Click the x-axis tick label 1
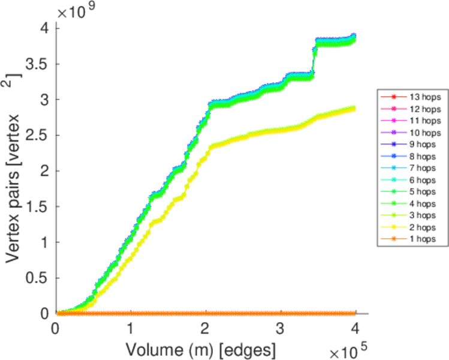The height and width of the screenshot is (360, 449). (130, 328)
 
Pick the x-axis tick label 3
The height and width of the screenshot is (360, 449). (280, 328)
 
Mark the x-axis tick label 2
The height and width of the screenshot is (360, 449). (205, 328)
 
